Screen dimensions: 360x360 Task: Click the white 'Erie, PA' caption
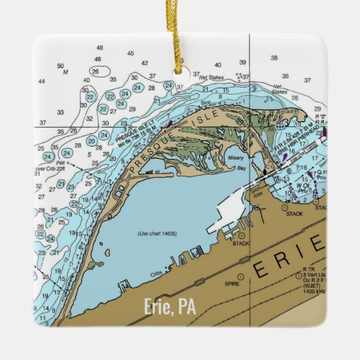170,307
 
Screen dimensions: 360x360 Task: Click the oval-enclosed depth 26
96,71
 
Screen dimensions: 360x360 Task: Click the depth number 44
41,82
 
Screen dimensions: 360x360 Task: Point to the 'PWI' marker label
60,164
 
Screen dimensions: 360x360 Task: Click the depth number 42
144,62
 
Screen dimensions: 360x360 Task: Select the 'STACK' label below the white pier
241,243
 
